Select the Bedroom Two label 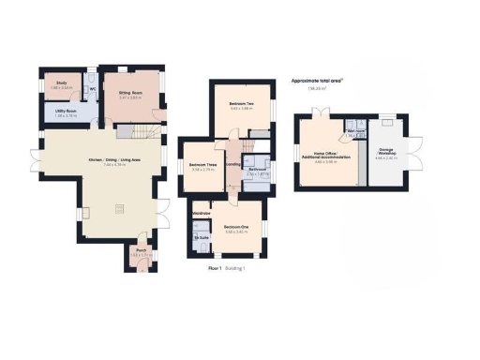(242, 104)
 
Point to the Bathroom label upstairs (257, 171)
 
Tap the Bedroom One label (235, 227)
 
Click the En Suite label (202, 238)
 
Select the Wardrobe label (200, 215)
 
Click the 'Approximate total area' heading (317, 82)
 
